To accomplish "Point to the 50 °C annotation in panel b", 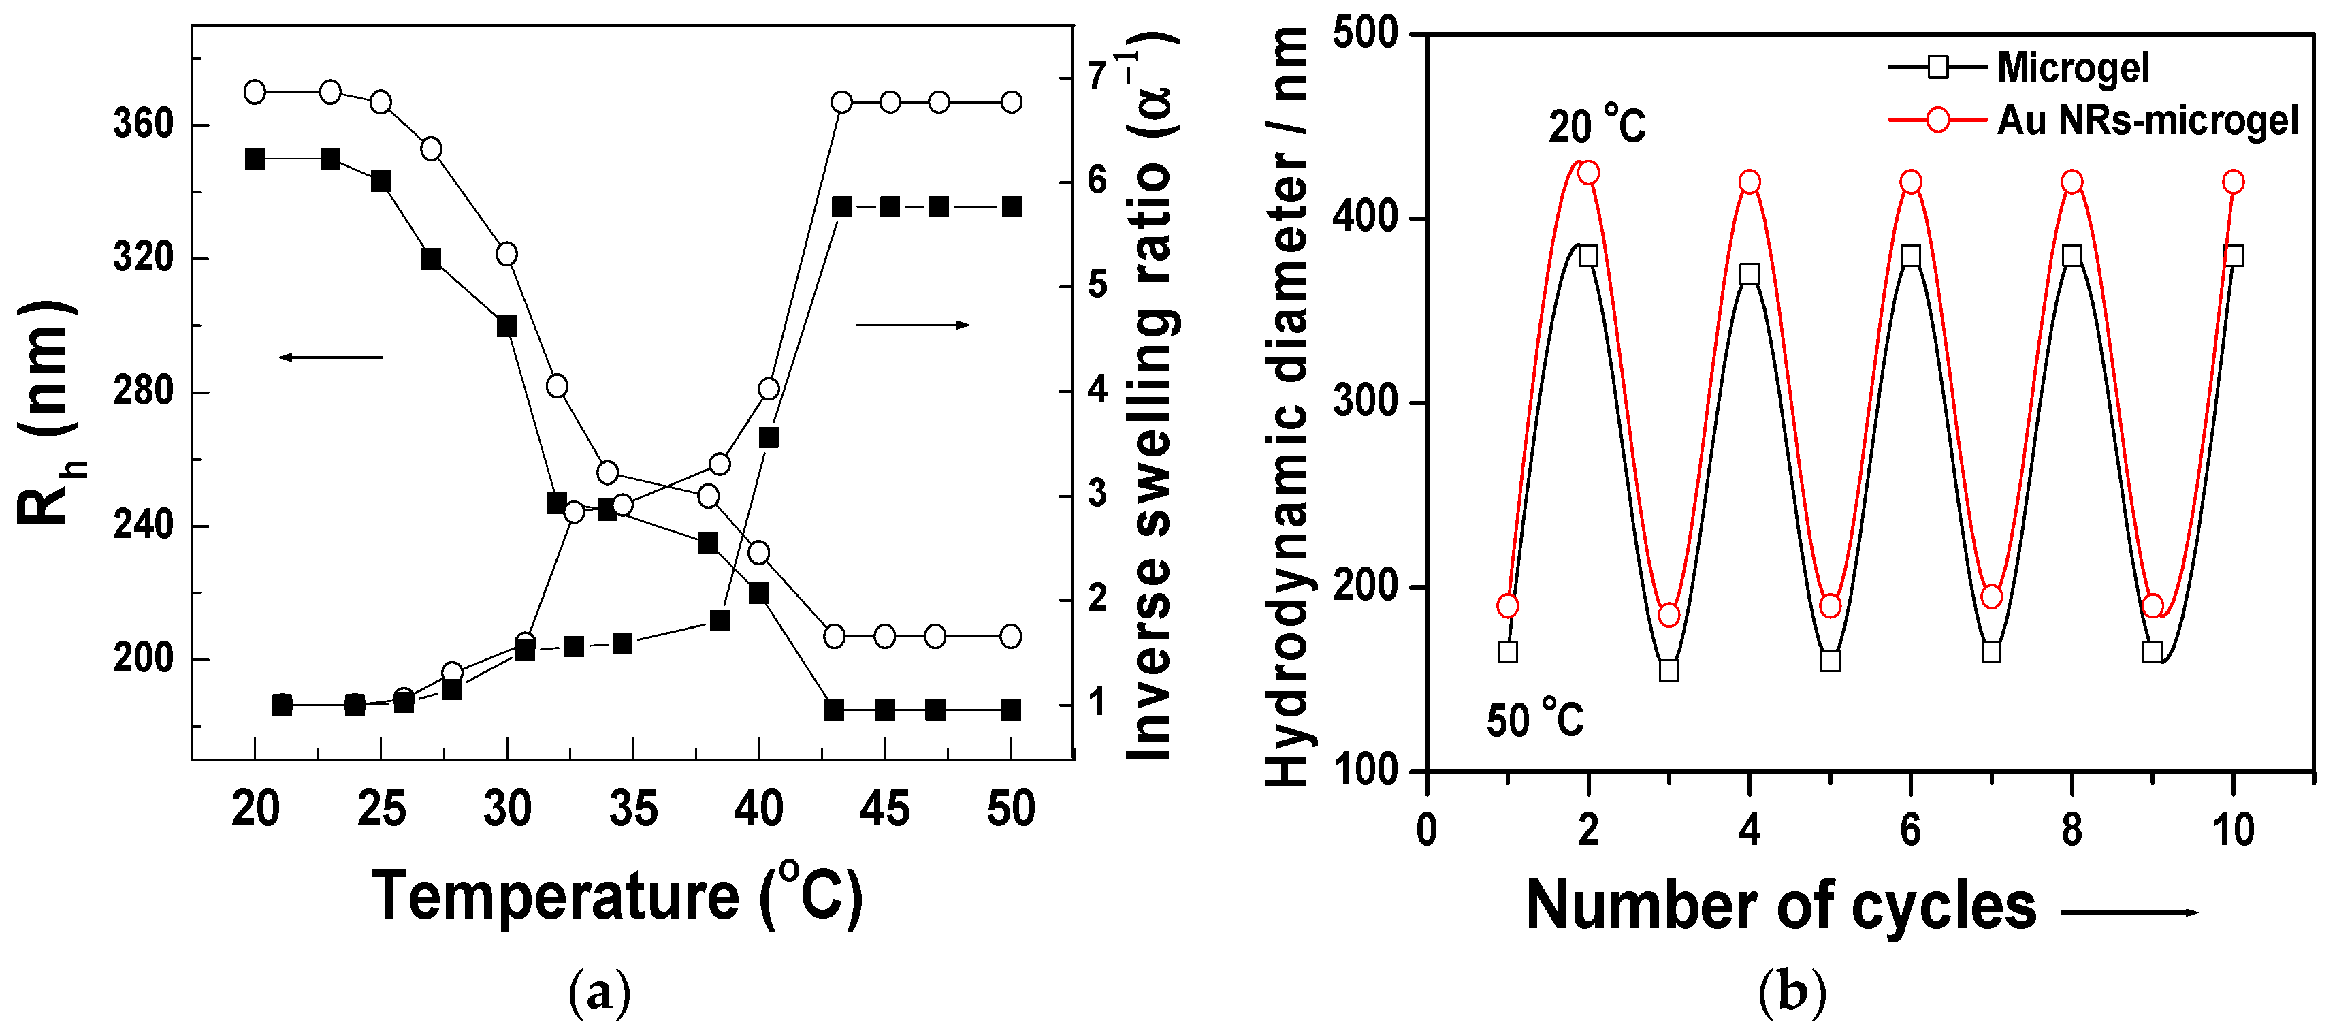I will click(x=1534, y=720).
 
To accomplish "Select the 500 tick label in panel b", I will click(x=1366, y=33).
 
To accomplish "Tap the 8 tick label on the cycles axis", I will click(x=2072, y=829).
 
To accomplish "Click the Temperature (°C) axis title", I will click(x=617, y=897).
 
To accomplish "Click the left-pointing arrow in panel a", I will click(x=331, y=357).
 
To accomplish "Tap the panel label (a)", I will click(x=599, y=994).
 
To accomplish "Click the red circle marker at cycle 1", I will click(x=1507, y=605).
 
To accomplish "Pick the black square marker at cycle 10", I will click(x=2233, y=256).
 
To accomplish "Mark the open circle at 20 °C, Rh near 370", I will click(x=255, y=92).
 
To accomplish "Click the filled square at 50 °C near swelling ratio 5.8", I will click(x=1011, y=207).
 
